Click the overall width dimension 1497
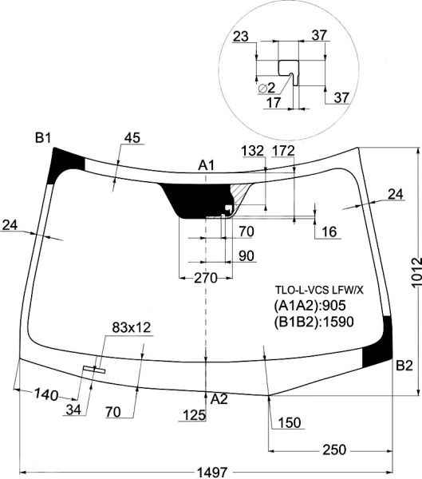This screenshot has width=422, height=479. pos(212,472)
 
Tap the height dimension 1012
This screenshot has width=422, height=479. pos(416,273)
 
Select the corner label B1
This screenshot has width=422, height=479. pos(43,138)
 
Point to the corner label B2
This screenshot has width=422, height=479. pos(404,366)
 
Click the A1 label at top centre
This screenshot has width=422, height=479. pos(207,165)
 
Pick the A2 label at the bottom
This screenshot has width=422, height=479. pos(219,399)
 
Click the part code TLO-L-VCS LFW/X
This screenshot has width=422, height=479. pos(319,290)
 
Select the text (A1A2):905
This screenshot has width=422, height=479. pos(310,306)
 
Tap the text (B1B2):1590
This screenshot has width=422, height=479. pos(314,322)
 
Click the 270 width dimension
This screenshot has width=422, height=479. pos(206,278)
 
